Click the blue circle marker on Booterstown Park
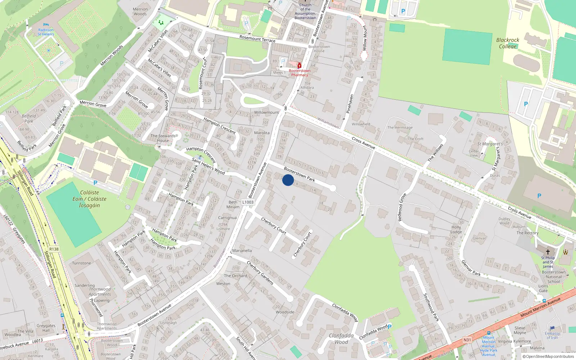click(288, 180)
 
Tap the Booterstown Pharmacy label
click(300, 73)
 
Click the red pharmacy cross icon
click(299, 66)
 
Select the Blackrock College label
click(508, 43)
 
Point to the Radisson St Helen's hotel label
click(46, 32)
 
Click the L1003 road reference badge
click(248, 202)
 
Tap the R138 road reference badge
click(54, 249)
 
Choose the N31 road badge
click(467, 340)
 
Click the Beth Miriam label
click(233, 204)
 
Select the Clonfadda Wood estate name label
click(341, 339)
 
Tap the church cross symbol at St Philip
click(548, 252)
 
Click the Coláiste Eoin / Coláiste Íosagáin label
click(89, 199)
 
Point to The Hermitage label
click(400, 127)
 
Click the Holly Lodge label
click(456, 229)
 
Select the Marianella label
click(242, 251)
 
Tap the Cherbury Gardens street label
click(260, 273)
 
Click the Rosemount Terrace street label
click(257, 39)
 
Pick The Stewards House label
click(163, 138)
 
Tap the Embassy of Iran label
click(552, 336)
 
